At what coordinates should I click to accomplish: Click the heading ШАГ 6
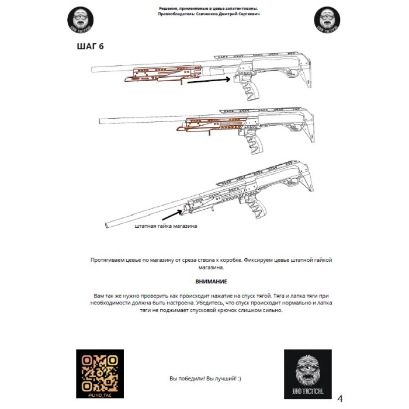click(90, 46)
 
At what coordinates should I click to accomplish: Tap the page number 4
click(340, 398)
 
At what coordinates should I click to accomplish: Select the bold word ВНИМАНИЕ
click(212, 282)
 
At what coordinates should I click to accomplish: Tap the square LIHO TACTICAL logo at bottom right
click(307, 374)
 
